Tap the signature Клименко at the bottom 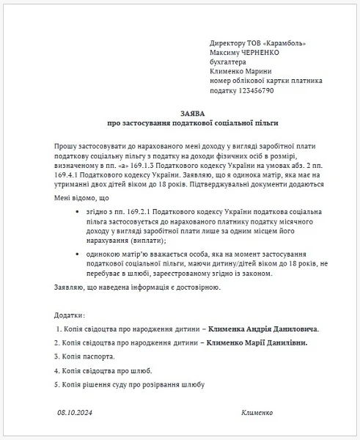point(257,413)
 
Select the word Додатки point(69,315)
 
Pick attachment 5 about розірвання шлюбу point(128,384)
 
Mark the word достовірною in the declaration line point(194,286)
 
